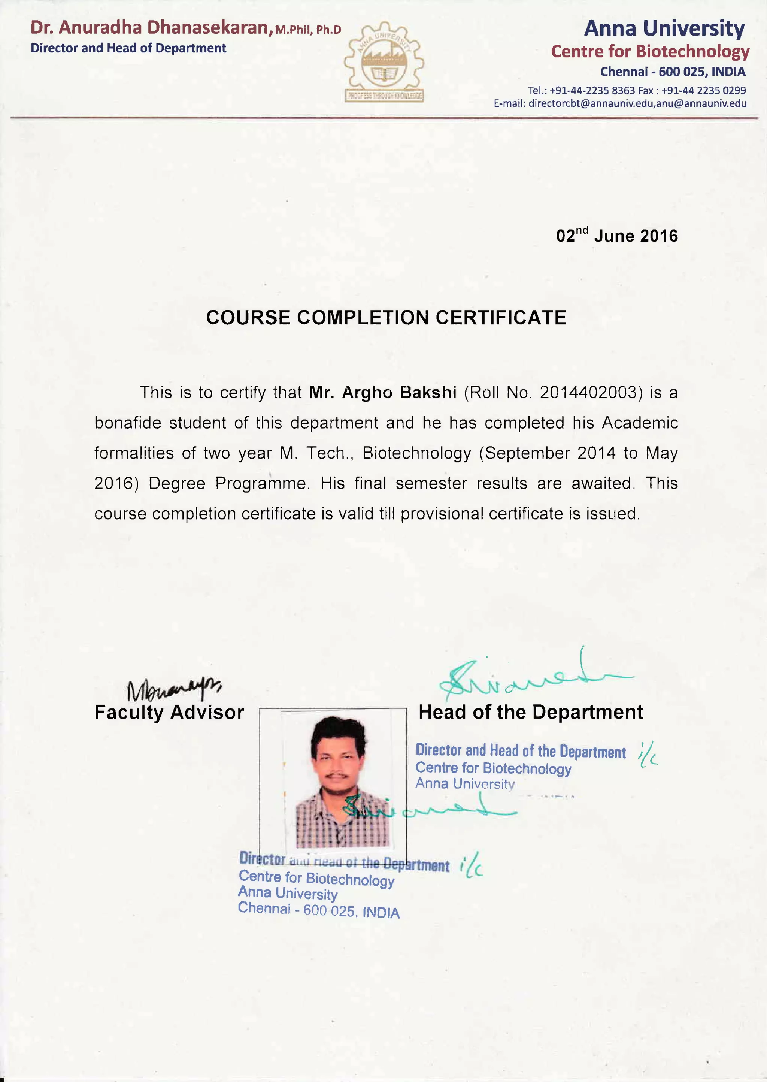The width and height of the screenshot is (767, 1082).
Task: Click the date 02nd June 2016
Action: (x=616, y=235)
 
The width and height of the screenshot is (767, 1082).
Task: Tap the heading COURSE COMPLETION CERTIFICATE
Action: (x=386, y=317)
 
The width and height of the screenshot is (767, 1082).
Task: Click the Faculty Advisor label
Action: (x=169, y=713)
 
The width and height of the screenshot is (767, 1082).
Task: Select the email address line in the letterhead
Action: (x=620, y=103)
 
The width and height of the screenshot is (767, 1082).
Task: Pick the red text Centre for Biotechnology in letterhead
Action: (x=650, y=51)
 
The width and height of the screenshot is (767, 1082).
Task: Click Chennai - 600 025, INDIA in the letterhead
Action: (x=673, y=72)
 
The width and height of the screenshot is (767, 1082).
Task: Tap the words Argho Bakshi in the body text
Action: (x=399, y=393)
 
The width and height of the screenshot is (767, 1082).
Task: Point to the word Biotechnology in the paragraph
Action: (x=416, y=453)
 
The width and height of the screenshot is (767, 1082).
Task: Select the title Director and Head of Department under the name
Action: (x=128, y=48)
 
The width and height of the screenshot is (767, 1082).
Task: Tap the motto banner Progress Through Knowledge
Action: (x=384, y=96)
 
